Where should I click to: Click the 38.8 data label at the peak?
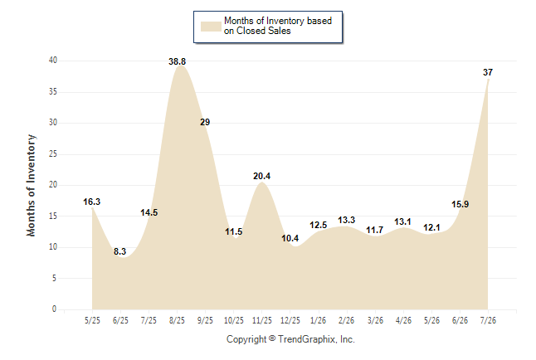(177, 61)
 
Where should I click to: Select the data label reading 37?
(488, 72)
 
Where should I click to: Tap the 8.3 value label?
(120, 251)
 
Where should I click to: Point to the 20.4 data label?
(262, 176)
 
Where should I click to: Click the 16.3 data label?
(92, 202)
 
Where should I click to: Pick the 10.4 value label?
(290, 238)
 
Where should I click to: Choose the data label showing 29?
(205, 122)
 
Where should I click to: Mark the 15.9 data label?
(460, 204)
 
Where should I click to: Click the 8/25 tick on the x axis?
(177, 320)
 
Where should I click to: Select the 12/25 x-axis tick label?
(290, 320)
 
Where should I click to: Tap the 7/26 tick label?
(488, 320)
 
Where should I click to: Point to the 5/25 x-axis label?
(92, 320)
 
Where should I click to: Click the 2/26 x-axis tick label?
(347, 320)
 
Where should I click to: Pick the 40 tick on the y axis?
(53, 61)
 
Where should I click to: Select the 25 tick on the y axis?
(53, 154)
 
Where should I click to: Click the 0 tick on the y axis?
(54, 309)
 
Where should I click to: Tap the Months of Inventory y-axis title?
(31, 185)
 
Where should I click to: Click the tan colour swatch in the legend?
(211, 27)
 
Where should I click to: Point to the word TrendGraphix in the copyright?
(307, 339)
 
